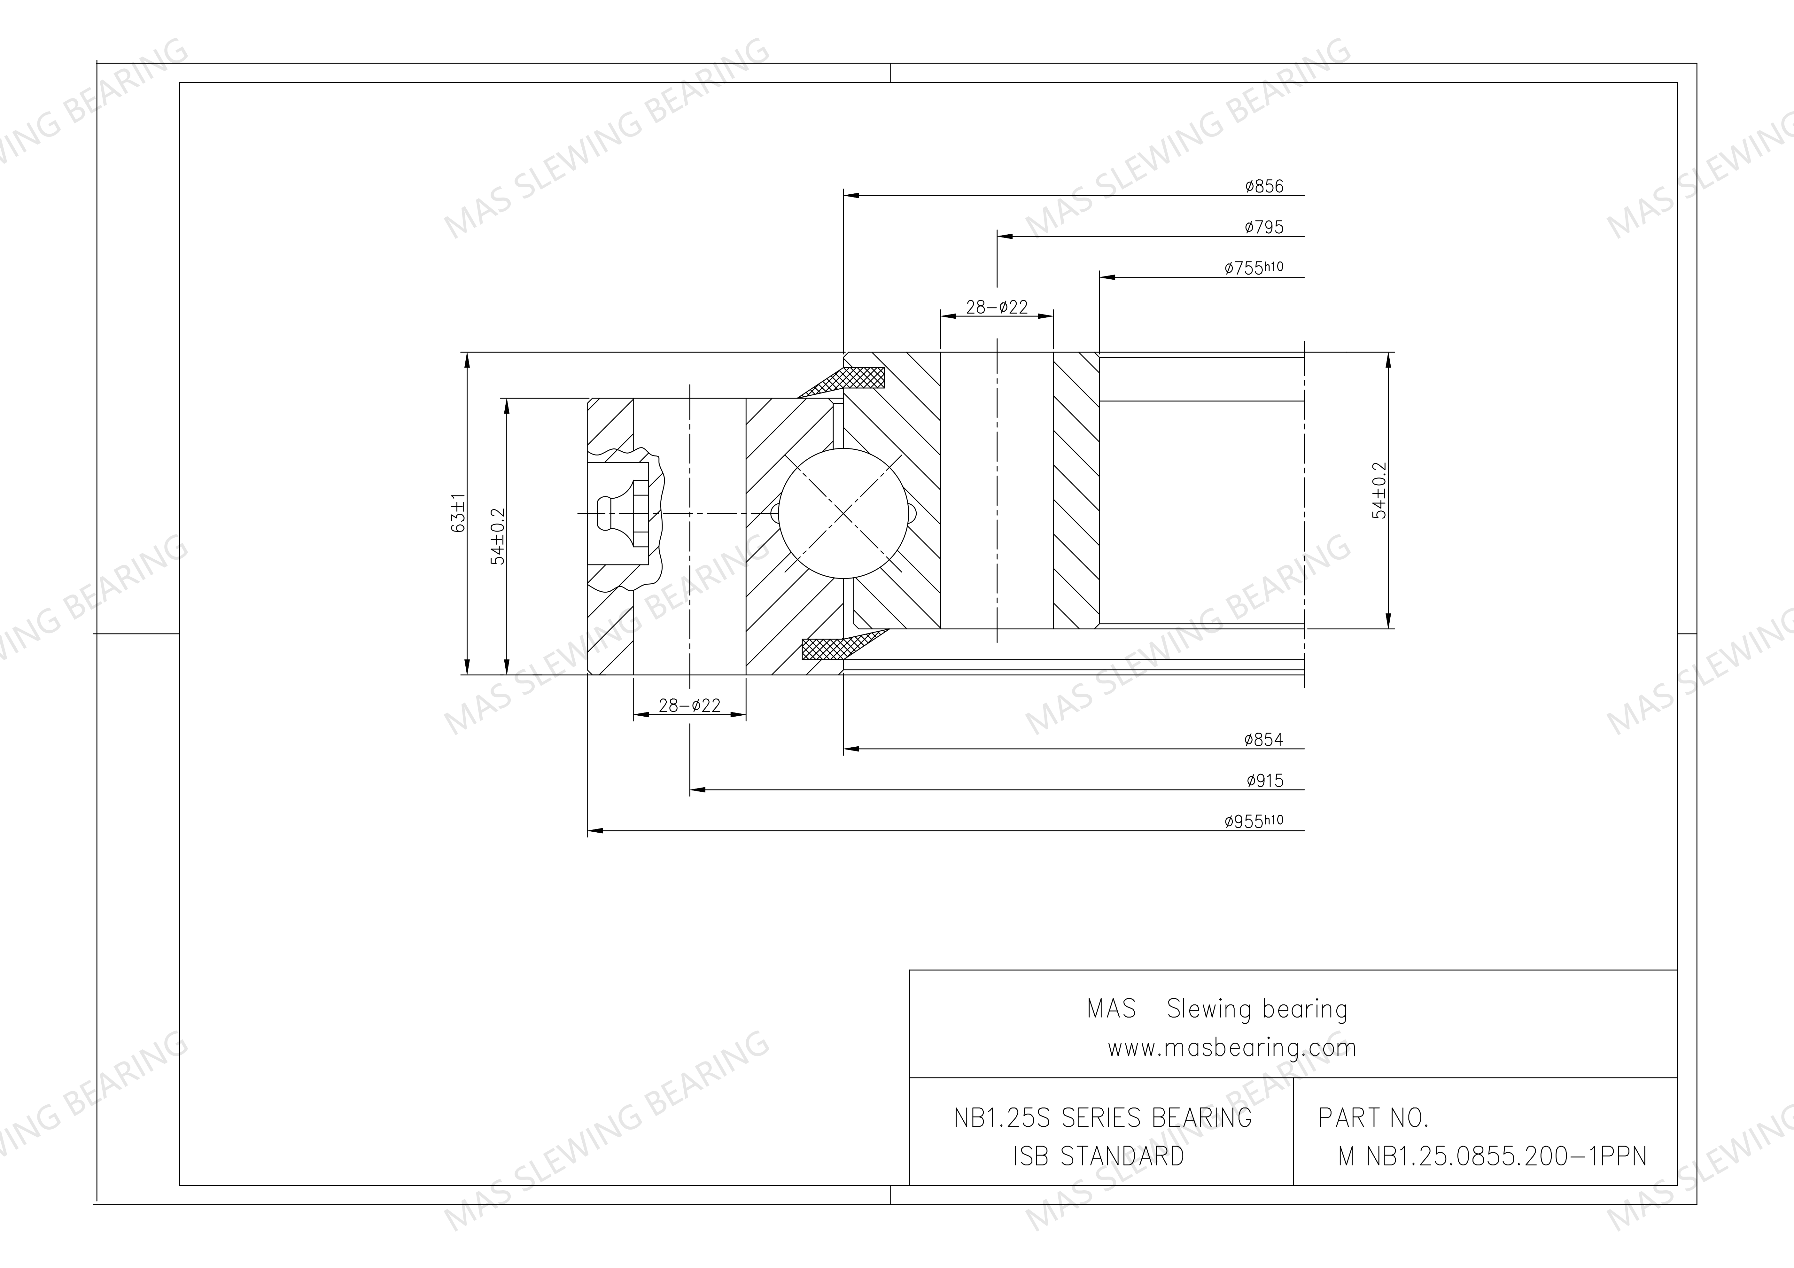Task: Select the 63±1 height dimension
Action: (459, 513)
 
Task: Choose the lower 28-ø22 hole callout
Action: (689, 705)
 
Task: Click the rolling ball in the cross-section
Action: (844, 513)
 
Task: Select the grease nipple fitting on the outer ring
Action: (621, 513)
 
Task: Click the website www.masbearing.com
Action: (1231, 1048)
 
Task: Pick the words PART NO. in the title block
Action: (1373, 1118)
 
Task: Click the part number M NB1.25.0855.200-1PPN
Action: (1492, 1155)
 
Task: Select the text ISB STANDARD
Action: (1098, 1155)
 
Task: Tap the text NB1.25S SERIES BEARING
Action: (1102, 1118)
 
